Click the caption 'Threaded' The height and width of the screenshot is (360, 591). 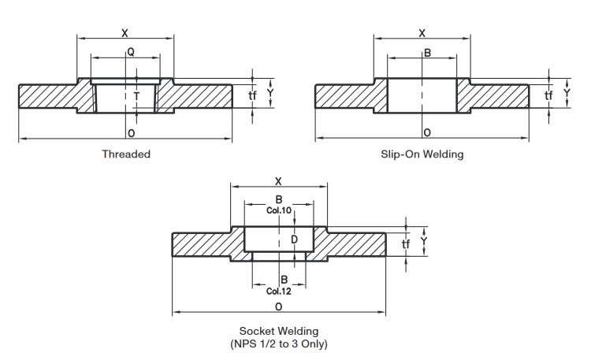point(126,154)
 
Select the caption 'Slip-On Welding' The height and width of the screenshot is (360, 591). point(422,154)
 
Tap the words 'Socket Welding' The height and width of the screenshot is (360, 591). point(279,331)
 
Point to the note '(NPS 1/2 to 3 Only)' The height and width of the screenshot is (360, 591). point(279,343)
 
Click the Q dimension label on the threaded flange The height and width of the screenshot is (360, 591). point(130,52)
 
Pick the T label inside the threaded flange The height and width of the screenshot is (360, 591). point(136,97)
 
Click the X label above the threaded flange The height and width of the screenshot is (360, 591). point(125,33)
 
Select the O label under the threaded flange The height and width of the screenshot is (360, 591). point(131,133)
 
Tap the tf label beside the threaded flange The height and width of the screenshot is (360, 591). point(252,95)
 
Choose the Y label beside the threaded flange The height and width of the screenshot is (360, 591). point(270,93)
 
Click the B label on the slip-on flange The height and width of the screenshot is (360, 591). point(427,53)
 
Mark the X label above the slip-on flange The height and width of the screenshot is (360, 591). point(422,33)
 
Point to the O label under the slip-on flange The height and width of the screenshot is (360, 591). point(427,132)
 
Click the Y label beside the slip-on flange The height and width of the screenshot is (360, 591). point(567,93)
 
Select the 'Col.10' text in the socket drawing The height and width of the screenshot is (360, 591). point(279,210)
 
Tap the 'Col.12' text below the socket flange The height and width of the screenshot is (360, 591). point(279,291)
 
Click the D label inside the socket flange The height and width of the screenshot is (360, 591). point(295,239)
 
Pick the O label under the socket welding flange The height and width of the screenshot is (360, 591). point(278,306)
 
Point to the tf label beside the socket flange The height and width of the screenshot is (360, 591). point(406,244)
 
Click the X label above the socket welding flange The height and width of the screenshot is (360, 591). point(278,181)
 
